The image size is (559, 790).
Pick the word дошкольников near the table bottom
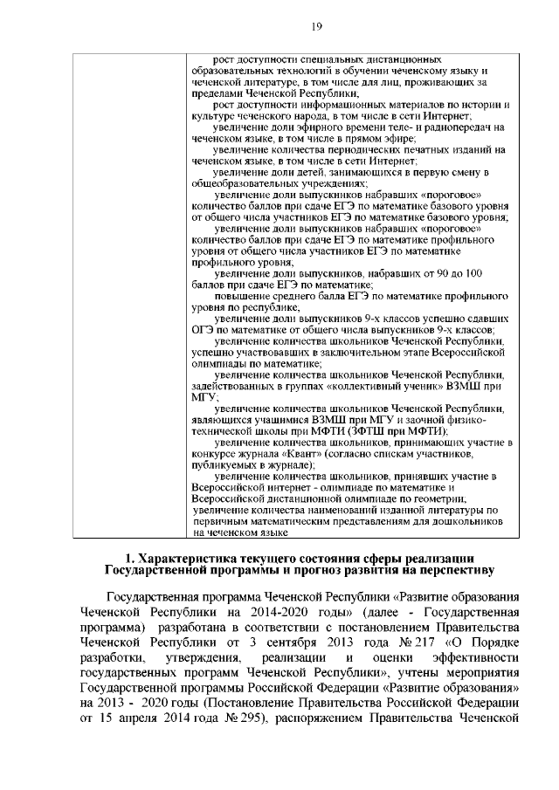coord(467,520)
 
